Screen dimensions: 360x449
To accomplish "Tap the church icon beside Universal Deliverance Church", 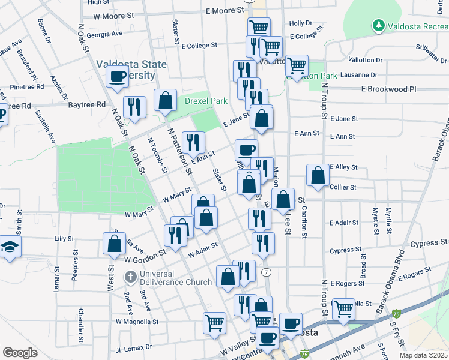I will pos(130,278).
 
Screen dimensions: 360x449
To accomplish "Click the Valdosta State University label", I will pos(126,70).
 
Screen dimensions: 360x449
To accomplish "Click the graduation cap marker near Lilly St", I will pos(10,247).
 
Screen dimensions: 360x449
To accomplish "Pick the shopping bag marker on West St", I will pos(114,244).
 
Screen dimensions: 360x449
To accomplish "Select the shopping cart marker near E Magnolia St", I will pos(343,309).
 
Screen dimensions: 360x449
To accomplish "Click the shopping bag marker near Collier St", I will pos(318,176).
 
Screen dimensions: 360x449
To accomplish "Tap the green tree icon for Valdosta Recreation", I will pos(378,25).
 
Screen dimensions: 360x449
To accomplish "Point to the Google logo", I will pos(20,353).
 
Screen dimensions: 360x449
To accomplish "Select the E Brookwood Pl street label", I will pos(388,89).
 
